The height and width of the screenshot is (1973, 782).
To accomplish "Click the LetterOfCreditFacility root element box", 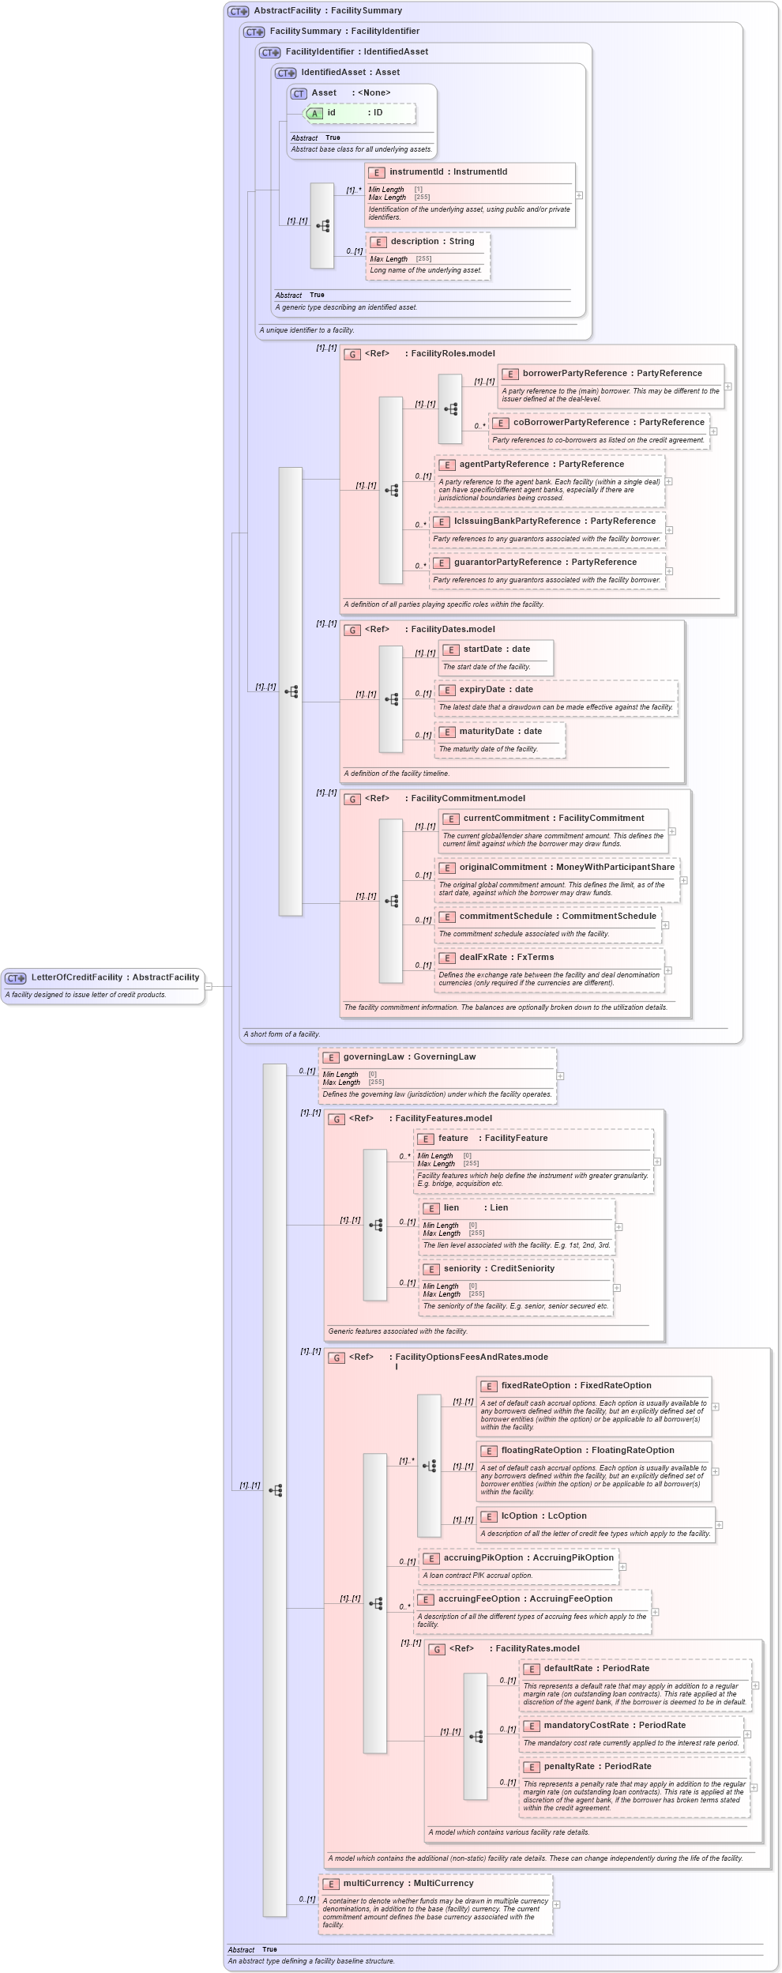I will click(x=103, y=977).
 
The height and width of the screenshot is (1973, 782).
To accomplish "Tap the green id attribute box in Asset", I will click(x=359, y=113).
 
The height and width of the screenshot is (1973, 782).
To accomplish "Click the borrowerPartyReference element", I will click(x=611, y=374).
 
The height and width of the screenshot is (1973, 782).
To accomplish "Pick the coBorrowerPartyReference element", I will click(x=607, y=423).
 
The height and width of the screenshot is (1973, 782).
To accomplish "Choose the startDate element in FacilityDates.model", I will click(x=496, y=650).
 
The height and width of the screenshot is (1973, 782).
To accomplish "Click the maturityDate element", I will click(x=500, y=732).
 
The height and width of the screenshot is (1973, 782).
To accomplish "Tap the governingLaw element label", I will click(x=408, y=1057).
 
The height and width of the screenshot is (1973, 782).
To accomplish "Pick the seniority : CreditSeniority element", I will click(x=498, y=1269).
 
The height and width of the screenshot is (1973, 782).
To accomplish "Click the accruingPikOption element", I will click(x=528, y=1558).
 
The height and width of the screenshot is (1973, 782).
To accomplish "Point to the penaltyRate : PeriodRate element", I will click(x=597, y=1767).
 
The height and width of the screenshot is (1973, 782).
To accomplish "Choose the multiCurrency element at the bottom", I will click(x=408, y=1884).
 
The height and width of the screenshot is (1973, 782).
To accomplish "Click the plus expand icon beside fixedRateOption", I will click(x=716, y=1406).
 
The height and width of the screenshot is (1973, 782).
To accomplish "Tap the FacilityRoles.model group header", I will click(x=452, y=354).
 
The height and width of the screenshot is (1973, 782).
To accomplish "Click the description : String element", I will click(x=432, y=242).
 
